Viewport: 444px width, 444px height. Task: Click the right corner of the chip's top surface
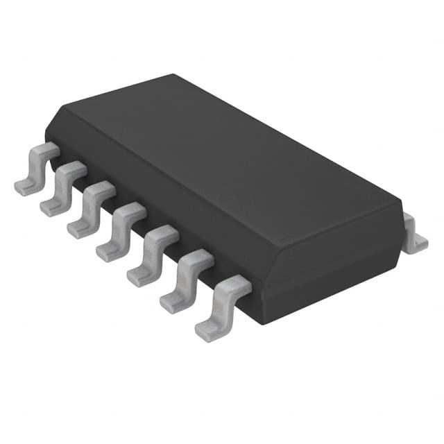tap(395, 201)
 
